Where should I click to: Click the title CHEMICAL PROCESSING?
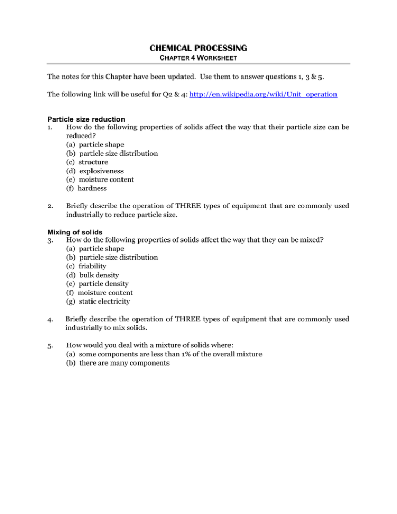(198, 48)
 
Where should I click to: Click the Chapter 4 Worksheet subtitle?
(198, 58)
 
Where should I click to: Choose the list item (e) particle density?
(100, 283)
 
